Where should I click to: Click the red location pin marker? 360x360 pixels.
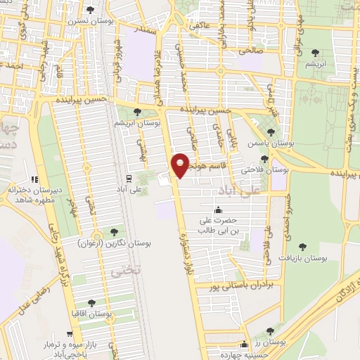(x=181, y=165)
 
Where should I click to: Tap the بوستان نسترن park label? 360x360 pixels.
(x=86, y=21)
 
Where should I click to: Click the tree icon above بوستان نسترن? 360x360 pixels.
(x=91, y=9)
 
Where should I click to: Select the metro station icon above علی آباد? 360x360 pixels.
(x=129, y=178)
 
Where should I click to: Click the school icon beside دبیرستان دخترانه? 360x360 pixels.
(x=34, y=179)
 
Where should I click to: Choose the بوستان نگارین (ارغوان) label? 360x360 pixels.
(x=115, y=243)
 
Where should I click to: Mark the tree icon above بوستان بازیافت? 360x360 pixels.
(x=303, y=246)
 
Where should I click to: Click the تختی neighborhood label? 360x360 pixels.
(x=129, y=269)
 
